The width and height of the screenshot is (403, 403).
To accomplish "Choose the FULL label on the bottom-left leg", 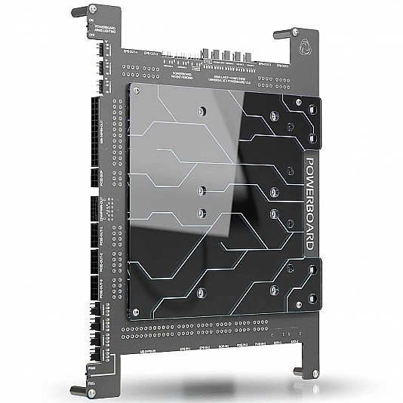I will click(x=91, y=383).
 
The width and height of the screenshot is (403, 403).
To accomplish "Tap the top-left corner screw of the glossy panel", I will click(x=134, y=90).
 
